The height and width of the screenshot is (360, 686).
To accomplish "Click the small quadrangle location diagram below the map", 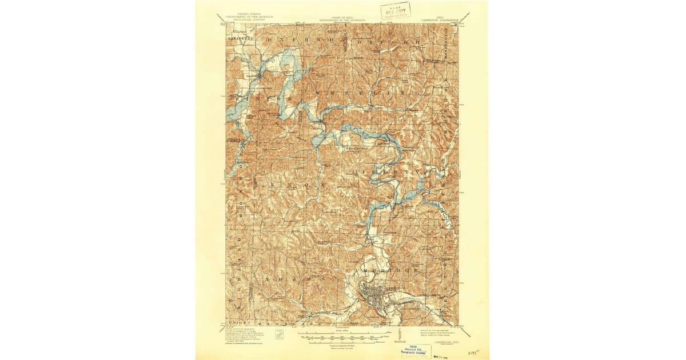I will (280, 334).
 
